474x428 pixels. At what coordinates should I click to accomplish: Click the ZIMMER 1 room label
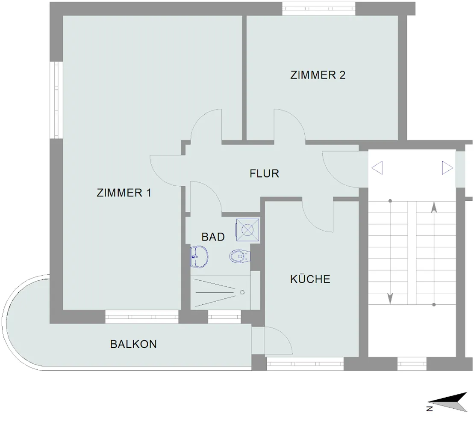124,193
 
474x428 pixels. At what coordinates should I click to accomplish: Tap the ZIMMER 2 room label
318,75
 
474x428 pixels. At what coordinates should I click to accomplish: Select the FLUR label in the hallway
264,173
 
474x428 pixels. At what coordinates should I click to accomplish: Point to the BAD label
213,237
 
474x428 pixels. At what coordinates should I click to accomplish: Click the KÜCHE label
310,279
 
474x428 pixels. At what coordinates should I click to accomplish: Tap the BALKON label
133,344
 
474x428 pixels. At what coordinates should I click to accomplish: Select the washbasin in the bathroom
199,257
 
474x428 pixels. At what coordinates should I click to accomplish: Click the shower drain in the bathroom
242,292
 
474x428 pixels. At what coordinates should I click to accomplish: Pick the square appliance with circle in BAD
247,230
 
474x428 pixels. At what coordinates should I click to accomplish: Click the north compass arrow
448,402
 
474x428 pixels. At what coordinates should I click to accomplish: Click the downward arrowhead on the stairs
390,299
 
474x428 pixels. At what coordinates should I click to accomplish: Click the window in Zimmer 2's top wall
318,9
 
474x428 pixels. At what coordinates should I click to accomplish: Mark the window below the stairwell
412,364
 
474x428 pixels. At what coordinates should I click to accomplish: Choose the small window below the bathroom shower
225,317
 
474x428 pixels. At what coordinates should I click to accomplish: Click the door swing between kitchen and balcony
278,340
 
